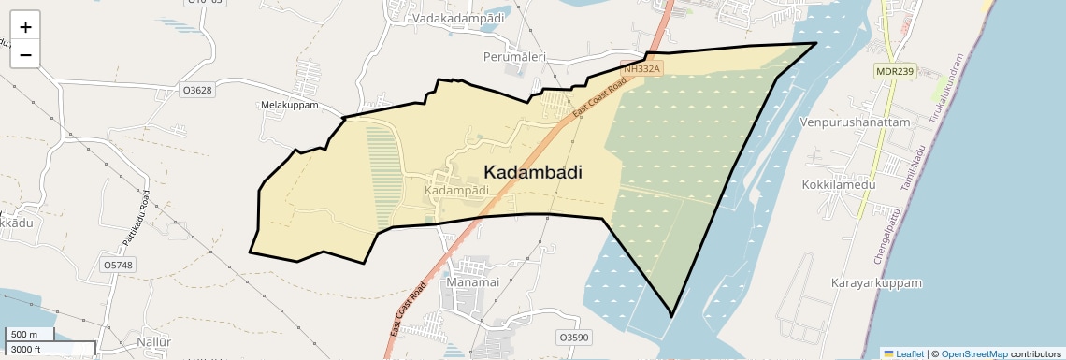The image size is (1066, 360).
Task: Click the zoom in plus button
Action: click(x=25, y=27)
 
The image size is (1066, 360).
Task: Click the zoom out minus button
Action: click(x=25, y=55)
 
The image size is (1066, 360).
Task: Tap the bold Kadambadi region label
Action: click(x=533, y=172)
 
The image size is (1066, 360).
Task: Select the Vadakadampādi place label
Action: click(x=458, y=18)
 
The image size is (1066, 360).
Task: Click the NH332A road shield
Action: click(x=641, y=69)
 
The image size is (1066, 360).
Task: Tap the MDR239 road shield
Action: click(x=895, y=71)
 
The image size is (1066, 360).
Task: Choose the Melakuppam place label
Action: click(x=290, y=105)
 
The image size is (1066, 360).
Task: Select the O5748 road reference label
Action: click(x=118, y=265)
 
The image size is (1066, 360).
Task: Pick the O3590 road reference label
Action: click(x=573, y=337)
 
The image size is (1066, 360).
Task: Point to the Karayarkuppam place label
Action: click(x=876, y=282)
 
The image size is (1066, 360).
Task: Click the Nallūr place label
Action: click(x=153, y=342)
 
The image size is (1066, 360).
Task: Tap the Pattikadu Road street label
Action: click(x=136, y=219)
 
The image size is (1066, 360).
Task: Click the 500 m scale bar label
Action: click(x=24, y=335)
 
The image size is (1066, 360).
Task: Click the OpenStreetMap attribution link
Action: click(x=973, y=354)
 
